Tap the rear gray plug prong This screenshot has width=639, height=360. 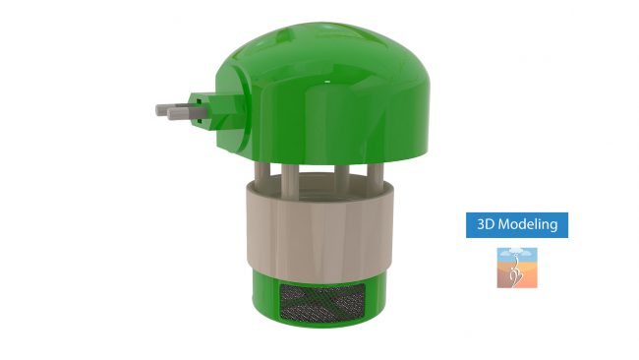[x=171, y=108]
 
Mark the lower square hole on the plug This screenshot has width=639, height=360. [x=199, y=121]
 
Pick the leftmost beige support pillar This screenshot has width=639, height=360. [x=262, y=175]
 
